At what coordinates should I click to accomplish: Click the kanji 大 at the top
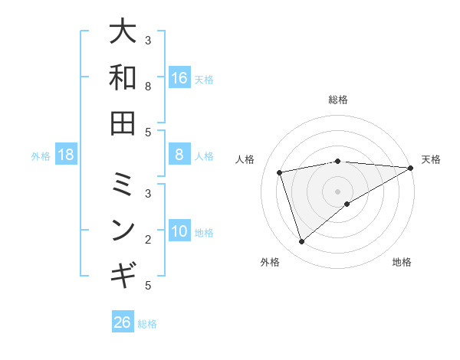pos(123,32)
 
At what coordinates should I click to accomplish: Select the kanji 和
pos(123,77)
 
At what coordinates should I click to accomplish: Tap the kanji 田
pos(123,123)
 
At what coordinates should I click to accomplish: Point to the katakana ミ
pos(123,183)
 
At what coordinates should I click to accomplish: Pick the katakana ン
pos(123,228)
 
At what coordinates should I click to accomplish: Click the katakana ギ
pos(123,273)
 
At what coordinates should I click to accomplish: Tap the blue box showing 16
pos(179,78)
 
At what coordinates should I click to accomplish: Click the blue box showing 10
pos(179,232)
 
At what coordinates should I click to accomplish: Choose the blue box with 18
pos(66,155)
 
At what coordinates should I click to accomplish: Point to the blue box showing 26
pos(123,322)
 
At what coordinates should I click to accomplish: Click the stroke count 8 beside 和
pos(149,87)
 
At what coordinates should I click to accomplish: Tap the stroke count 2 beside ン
pos(149,239)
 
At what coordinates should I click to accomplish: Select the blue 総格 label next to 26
pos(147,324)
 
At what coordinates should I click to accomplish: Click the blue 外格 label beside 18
pos(41,156)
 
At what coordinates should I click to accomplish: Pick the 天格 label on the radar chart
pos(431,159)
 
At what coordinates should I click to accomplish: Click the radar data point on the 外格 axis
pos(301,242)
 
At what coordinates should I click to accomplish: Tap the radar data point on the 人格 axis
pos(280,172)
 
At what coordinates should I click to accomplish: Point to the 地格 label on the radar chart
pos(402,262)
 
